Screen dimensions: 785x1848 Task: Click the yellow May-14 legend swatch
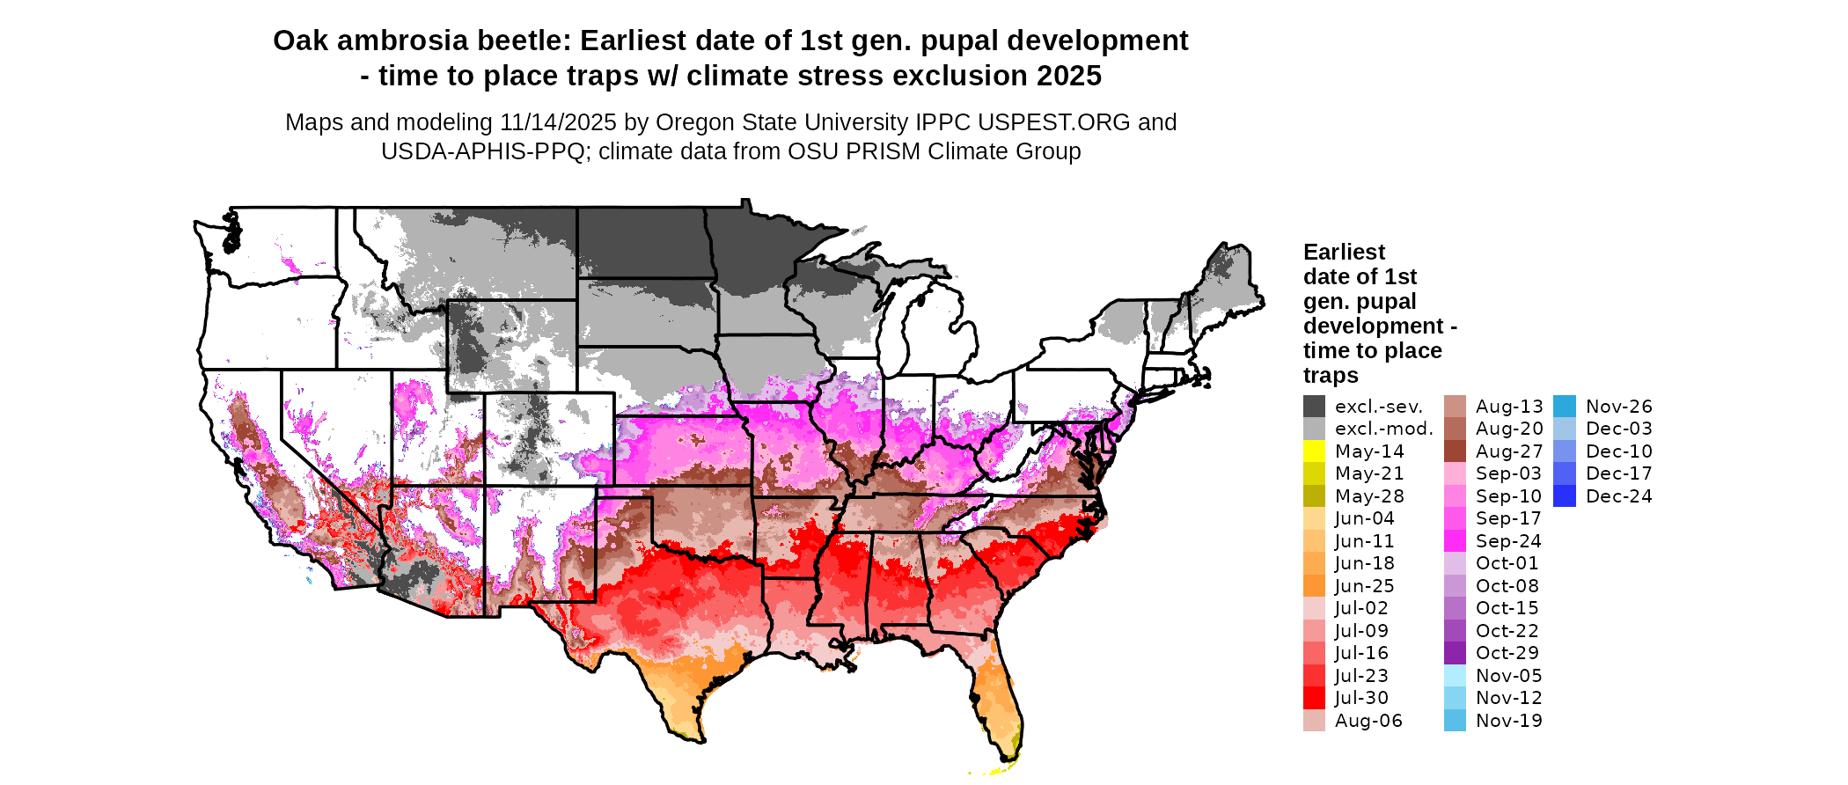(x=1314, y=451)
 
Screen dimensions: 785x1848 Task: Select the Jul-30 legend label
(x=1361, y=698)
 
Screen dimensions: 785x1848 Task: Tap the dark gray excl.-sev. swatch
(x=1314, y=407)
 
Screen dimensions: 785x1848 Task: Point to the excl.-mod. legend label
(x=1383, y=429)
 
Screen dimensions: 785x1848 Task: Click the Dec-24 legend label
(x=1618, y=496)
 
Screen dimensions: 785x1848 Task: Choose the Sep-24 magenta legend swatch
(x=1455, y=541)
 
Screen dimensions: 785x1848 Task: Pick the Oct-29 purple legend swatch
(x=1455, y=653)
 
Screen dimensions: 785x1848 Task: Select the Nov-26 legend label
(x=1618, y=407)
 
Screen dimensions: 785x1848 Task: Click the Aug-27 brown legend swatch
(x=1455, y=451)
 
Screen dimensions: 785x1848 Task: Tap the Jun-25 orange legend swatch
(x=1314, y=586)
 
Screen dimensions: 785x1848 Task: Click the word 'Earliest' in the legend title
(x=1344, y=253)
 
